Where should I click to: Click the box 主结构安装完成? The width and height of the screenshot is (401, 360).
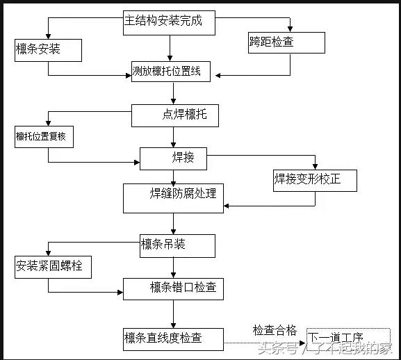pos(169,22)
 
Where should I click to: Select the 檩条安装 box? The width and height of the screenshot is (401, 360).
pos(48,49)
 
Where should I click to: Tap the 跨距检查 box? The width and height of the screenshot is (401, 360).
pos(286,42)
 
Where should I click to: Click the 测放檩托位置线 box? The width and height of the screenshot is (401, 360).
pos(171,71)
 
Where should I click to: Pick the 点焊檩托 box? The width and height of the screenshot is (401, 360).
pos(174,115)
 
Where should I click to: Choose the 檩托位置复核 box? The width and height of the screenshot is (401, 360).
pos(44,137)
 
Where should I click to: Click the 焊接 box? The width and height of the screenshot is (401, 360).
pos(174,158)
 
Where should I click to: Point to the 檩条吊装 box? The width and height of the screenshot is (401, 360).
pos(177,245)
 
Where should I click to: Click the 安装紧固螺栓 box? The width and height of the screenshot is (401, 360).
pos(53,266)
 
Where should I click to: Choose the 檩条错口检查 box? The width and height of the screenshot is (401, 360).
pos(173,288)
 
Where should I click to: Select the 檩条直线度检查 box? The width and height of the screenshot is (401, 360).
pos(173,339)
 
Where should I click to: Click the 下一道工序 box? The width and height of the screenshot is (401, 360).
pos(344,338)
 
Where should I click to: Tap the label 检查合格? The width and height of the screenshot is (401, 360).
pos(275,329)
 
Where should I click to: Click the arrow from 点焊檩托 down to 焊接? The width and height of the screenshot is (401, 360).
pos(174,137)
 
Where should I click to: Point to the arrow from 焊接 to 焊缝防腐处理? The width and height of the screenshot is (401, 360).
pos(174,177)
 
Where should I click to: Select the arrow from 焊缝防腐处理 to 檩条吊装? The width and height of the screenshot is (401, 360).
pos(174,223)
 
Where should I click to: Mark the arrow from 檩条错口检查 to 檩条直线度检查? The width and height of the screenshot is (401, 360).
pos(174,313)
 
